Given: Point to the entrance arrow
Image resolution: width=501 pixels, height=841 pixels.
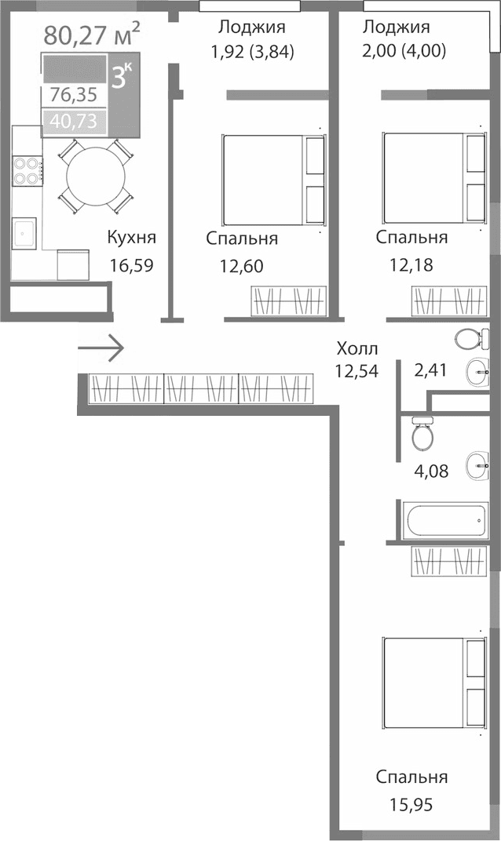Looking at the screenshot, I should tap(101, 347).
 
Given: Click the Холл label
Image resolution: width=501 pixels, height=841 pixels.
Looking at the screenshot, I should tap(357, 348).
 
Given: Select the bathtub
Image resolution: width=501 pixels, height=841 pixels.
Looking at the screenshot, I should tap(445, 519).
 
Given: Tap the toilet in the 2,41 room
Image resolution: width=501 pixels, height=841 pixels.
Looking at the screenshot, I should tap(471, 340).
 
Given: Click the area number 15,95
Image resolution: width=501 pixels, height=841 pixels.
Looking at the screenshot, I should tap(411, 804).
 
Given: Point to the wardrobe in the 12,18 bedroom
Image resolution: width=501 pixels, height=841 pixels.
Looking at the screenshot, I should tap(448, 300).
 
